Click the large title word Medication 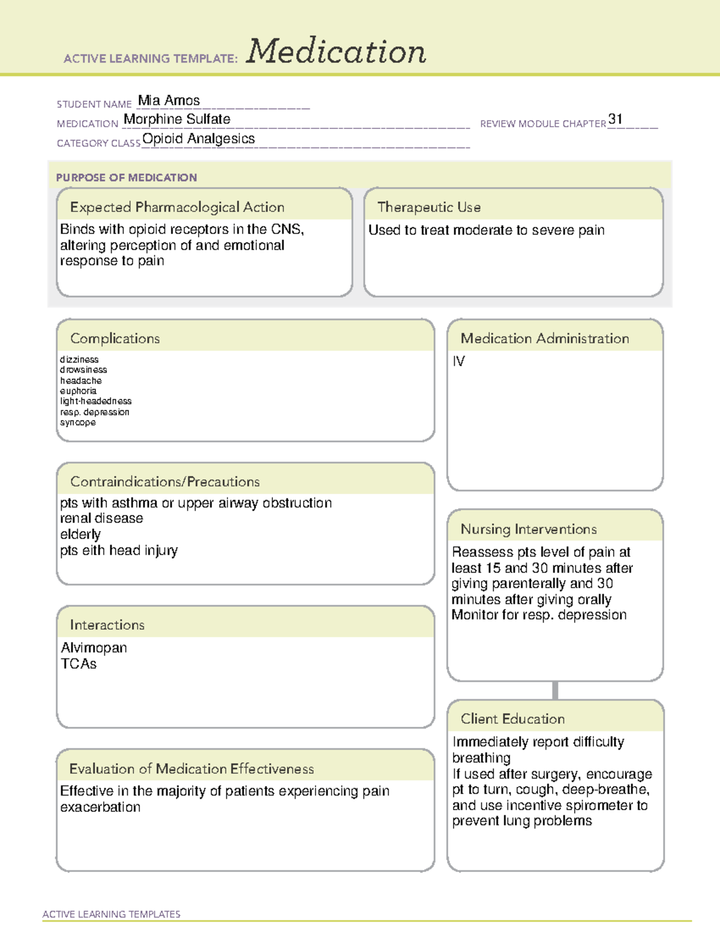(335, 52)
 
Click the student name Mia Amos (169, 100)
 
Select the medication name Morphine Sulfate (177, 119)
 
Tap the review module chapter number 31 (615, 119)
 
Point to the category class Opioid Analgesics (199, 139)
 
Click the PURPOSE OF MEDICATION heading (126, 178)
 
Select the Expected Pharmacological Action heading (177, 207)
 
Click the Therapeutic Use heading (429, 207)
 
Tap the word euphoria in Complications (78, 391)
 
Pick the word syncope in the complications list (77, 422)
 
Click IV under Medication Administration (458, 361)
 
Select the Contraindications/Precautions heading (165, 481)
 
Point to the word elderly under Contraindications (80, 534)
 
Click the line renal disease (101, 518)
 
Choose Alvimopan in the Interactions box (94, 648)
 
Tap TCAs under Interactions (79, 664)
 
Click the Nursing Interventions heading (529, 529)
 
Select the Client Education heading (512, 718)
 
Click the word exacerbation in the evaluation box (100, 807)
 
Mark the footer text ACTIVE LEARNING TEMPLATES (112, 914)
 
